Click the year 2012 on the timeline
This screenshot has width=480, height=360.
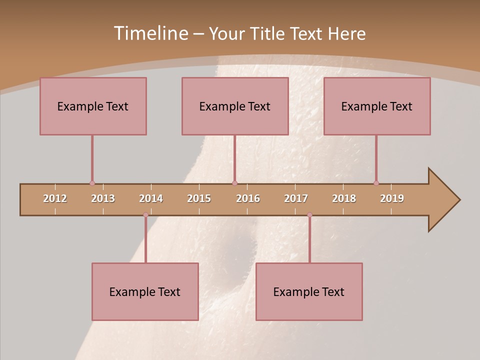click(55, 198)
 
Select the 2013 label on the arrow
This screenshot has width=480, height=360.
click(103, 198)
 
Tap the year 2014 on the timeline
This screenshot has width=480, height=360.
click(151, 198)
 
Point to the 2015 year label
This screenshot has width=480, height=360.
click(199, 198)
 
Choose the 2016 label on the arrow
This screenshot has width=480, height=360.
click(248, 198)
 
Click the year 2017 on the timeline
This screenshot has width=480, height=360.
click(296, 198)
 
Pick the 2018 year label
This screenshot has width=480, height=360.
click(344, 198)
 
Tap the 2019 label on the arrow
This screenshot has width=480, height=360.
click(392, 198)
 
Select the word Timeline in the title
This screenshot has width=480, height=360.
click(150, 33)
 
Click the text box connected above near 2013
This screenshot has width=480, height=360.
click(93, 106)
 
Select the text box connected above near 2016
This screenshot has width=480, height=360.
click(235, 106)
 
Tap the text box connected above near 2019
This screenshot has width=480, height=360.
click(377, 106)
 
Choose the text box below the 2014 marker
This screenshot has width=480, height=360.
click(145, 291)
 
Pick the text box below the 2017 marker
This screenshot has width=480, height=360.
click(309, 291)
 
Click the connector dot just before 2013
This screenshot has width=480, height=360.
click(92, 183)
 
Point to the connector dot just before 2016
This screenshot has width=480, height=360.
click(235, 183)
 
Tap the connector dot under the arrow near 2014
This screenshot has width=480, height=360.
click(145, 215)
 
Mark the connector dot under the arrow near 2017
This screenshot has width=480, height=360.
click(309, 215)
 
